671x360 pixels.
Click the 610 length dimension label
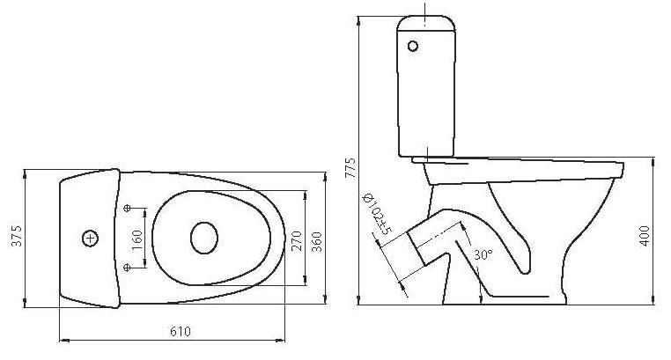click(x=181, y=331)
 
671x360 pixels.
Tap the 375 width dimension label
click(x=17, y=236)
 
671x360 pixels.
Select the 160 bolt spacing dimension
click(x=137, y=240)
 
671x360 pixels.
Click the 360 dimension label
click(x=317, y=241)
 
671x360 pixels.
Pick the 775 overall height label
click(x=350, y=168)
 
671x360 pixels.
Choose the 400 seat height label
click(x=644, y=236)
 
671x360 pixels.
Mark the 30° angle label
click(x=483, y=254)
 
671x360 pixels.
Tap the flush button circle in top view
click(x=91, y=239)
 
